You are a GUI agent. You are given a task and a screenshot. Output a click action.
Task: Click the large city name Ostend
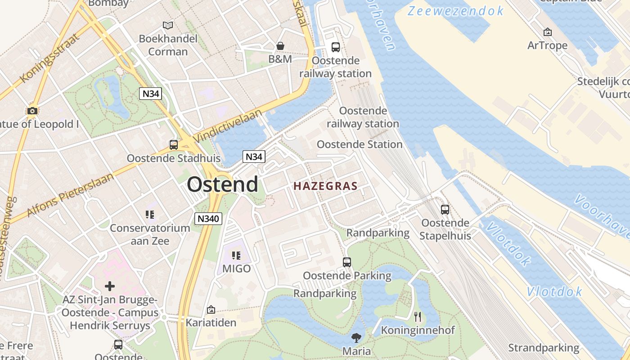point(222,184)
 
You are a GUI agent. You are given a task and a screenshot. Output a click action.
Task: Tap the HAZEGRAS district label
point(325,186)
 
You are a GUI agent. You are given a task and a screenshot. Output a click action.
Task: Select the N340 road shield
point(209,219)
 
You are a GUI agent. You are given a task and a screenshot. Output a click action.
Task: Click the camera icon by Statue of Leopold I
point(32,111)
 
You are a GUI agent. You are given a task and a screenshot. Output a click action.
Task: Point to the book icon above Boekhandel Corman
point(168,25)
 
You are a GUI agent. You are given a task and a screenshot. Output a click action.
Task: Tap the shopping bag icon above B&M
point(280,46)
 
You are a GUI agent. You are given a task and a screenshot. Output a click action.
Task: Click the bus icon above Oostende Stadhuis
point(174,145)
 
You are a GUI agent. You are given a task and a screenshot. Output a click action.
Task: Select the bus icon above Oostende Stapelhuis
point(445,210)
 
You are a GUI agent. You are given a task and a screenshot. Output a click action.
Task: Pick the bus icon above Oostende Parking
point(347,262)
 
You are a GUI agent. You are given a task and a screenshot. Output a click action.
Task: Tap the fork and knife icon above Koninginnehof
point(418,317)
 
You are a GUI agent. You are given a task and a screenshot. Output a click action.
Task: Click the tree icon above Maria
point(356,337)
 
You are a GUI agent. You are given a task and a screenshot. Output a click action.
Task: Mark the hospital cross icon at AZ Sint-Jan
point(110,286)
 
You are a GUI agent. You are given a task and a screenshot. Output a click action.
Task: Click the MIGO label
point(237,269)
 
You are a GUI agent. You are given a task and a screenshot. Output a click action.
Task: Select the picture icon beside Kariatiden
point(211,310)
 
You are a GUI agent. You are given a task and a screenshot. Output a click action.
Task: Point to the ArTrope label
point(548,45)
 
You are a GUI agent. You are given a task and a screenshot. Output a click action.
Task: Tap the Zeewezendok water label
point(455,11)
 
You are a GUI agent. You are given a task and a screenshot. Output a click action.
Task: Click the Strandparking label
point(544,348)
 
